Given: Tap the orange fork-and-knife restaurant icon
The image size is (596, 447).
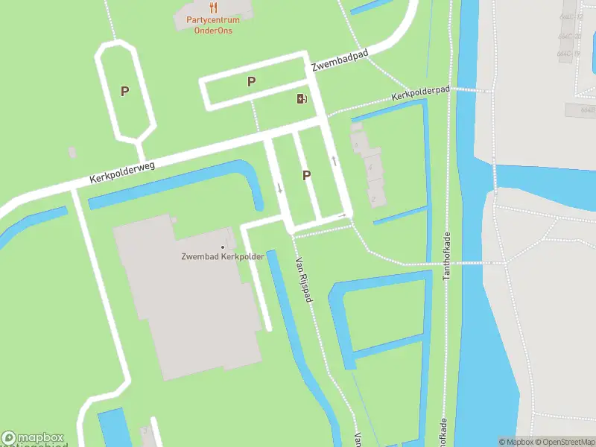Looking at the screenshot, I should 213,8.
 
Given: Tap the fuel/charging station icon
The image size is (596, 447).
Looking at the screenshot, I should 302,99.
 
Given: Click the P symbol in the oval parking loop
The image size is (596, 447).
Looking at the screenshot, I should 125,91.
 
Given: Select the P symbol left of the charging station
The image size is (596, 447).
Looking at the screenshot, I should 252,81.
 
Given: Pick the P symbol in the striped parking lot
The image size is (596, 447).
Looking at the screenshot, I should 306,175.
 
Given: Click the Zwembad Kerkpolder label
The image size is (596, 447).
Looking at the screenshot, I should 223,258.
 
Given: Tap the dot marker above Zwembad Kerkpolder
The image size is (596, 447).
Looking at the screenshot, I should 223,247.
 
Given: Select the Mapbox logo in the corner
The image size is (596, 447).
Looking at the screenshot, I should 33,438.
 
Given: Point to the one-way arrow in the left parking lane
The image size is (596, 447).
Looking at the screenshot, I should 280,187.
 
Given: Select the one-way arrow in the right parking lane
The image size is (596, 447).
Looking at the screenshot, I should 335,159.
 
